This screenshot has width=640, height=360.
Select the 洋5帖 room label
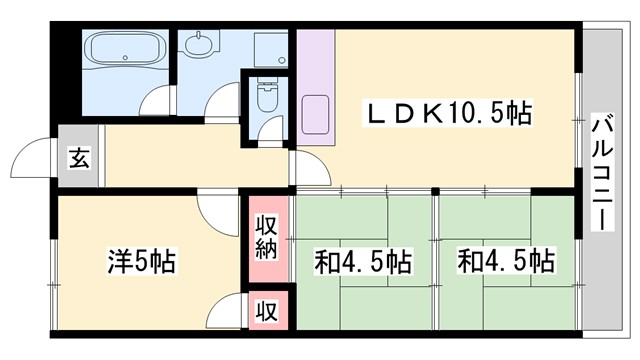click(x=141, y=262)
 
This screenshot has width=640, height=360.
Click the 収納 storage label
click(x=266, y=236)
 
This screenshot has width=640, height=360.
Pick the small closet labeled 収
click(x=266, y=309)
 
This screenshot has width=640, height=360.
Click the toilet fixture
click(x=267, y=97)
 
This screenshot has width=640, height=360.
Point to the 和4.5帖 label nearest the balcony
click(x=506, y=262)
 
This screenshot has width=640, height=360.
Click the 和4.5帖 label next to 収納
click(x=362, y=262)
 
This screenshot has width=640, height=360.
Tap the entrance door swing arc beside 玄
click(x=33, y=158)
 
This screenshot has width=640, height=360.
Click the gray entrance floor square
click(x=78, y=157)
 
